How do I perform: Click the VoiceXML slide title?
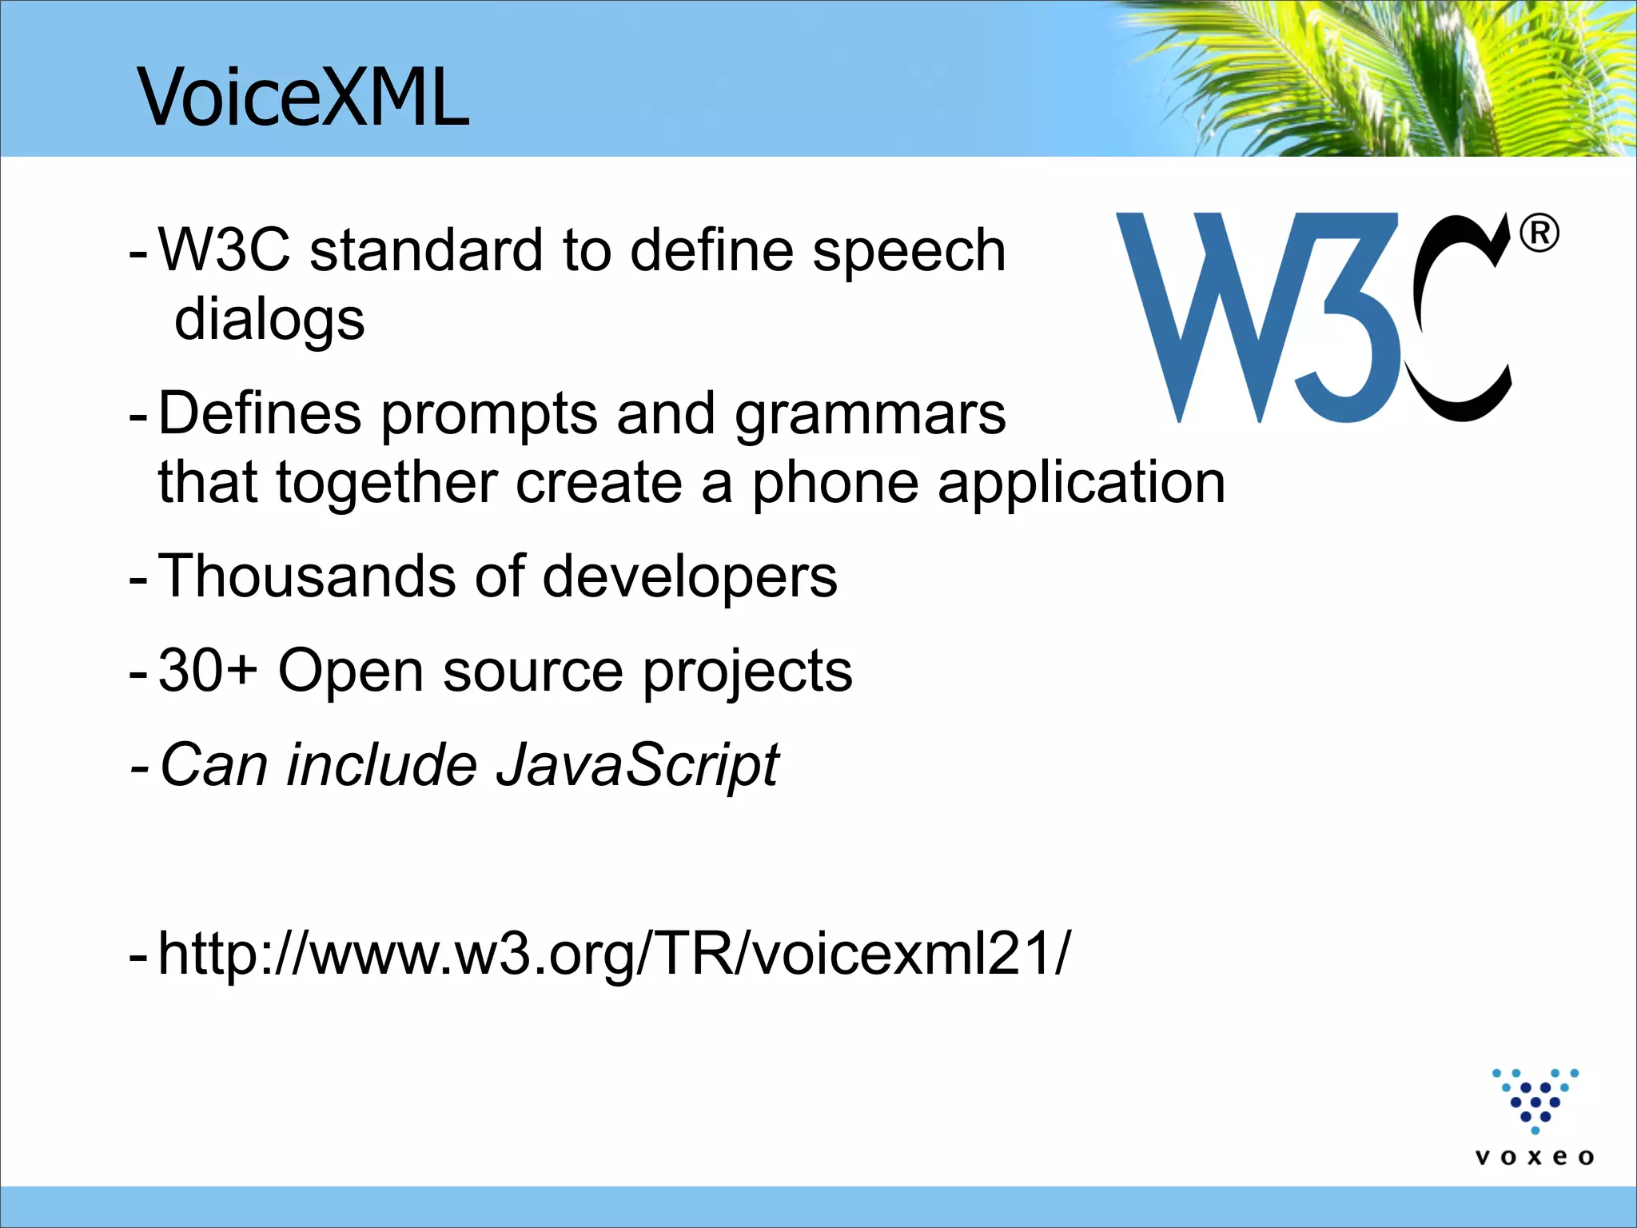tap(304, 98)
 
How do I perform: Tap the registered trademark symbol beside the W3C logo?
tap(1538, 234)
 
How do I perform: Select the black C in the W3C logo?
tap(1459, 320)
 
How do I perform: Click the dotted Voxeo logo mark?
tap(1535, 1100)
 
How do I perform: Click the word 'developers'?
tap(690, 577)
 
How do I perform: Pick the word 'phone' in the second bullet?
tap(834, 484)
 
